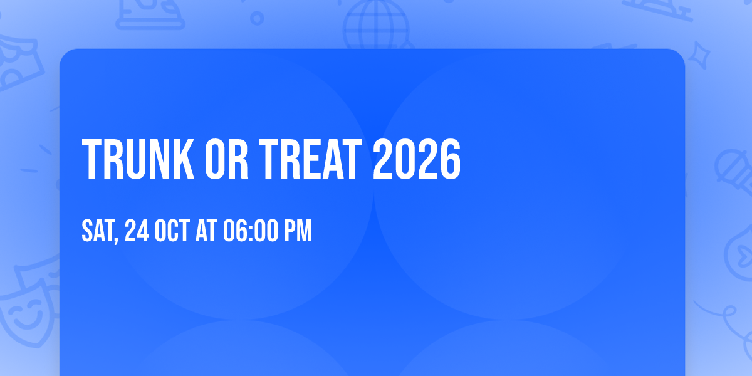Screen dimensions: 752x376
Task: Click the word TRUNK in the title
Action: coord(138,159)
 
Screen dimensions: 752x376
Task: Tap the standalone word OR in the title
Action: coord(226,159)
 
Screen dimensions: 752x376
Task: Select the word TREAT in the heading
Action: coord(310,159)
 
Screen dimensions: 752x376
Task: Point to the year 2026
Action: coord(417,159)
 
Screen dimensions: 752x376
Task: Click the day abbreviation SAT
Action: coord(98,231)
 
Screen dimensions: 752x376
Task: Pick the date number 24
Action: coord(137,231)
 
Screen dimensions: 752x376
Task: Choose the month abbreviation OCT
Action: coord(172,231)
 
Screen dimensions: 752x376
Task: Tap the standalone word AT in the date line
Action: coord(206,231)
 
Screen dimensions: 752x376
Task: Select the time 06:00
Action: coord(251,231)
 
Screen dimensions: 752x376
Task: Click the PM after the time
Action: coord(298,231)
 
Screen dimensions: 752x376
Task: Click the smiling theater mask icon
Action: coord(27,312)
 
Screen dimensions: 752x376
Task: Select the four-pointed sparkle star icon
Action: coord(699,55)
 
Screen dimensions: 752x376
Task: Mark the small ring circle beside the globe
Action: coord(257,18)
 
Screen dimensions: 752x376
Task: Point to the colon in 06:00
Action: coord(251,232)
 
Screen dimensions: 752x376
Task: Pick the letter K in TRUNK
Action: coord(184,159)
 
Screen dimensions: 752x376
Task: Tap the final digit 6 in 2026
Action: coord(450,159)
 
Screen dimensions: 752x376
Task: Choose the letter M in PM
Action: coord(305,231)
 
